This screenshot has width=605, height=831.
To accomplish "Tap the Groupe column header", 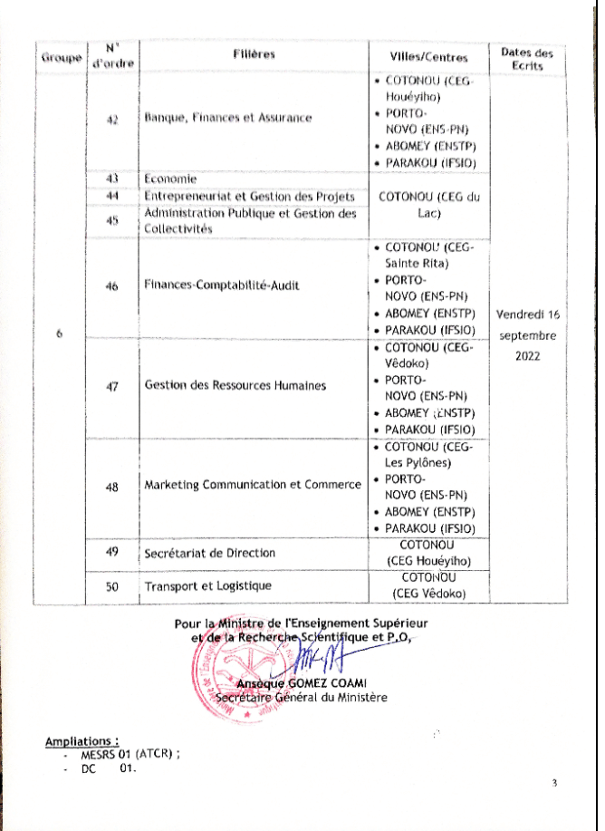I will coord(58,58).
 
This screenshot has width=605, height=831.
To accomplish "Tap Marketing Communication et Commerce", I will coord(253,486).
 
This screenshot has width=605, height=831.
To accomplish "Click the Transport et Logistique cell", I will coord(208,586).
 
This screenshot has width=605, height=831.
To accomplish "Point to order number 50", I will coord(112,587).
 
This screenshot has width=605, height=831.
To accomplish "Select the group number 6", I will coord(58,334).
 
